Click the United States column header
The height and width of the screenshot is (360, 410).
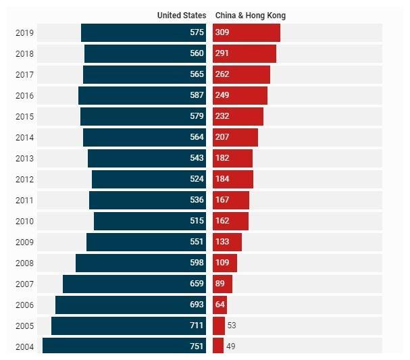pyautogui.click(x=181, y=15)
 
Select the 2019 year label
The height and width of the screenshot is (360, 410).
pyautogui.click(x=24, y=33)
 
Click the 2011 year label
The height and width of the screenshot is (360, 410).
pyautogui.click(x=24, y=200)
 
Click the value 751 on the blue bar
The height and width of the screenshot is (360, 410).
pyautogui.click(x=197, y=346)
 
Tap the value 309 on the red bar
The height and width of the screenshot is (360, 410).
pyautogui.click(x=222, y=33)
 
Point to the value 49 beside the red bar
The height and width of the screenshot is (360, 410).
pyautogui.click(x=231, y=346)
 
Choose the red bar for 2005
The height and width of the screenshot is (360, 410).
pyautogui.click(x=219, y=326)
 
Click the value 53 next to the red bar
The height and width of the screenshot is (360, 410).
pyautogui.click(x=232, y=326)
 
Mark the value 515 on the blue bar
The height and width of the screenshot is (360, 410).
pyautogui.click(x=197, y=221)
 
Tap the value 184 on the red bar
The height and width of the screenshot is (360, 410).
pyautogui.click(x=222, y=179)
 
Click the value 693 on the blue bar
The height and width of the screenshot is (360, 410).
pyautogui.click(x=197, y=305)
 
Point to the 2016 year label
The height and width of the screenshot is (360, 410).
pyautogui.click(x=24, y=96)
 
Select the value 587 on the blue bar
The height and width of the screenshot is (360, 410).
pyautogui.click(x=197, y=95)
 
